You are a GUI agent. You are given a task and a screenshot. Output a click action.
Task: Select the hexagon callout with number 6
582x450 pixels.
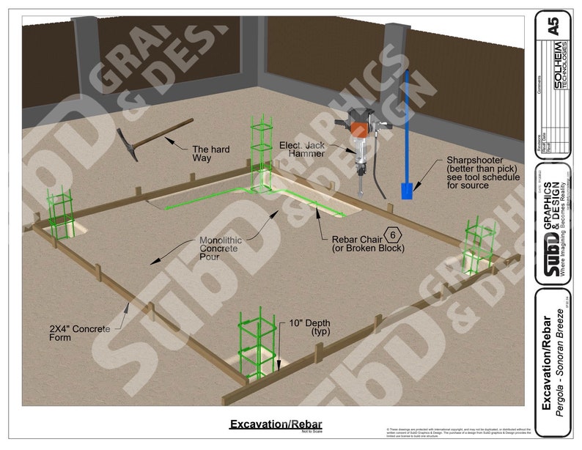394,235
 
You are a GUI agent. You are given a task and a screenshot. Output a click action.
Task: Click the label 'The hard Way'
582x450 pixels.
210,154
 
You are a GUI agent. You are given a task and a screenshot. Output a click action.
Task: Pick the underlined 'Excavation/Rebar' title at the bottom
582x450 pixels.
275,424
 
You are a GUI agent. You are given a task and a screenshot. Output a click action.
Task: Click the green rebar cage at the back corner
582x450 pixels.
260,150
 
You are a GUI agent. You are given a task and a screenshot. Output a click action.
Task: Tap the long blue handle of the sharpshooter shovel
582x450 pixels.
405,125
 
